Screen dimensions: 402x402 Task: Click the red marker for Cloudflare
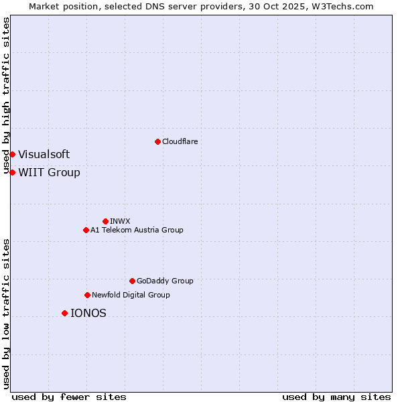pos(157,141)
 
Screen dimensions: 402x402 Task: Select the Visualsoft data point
pos(12,154)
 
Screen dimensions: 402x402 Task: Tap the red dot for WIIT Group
pos(12,172)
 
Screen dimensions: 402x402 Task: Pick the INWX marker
pos(105,221)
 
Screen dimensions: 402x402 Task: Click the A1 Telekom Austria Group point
pos(86,230)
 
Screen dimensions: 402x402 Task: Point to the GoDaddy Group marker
pos(132,281)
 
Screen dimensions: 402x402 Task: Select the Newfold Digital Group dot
pos(87,295)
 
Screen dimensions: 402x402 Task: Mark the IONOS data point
pos(64,313)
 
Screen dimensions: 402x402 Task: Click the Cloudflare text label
pos(180,141)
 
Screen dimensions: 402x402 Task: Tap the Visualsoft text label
pos(44,154)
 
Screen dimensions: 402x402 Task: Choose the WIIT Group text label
pos(49,172)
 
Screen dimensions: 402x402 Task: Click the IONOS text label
pos(88,313)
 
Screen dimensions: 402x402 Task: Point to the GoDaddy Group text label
pos(165,281)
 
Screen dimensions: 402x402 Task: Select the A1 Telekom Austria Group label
pos(137,230)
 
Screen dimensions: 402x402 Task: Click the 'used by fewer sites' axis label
pos(69,397)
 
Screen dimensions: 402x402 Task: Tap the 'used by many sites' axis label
pos(336,397)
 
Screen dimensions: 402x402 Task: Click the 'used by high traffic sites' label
pos(6,95)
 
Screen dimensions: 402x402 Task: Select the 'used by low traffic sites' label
pos(6,314)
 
